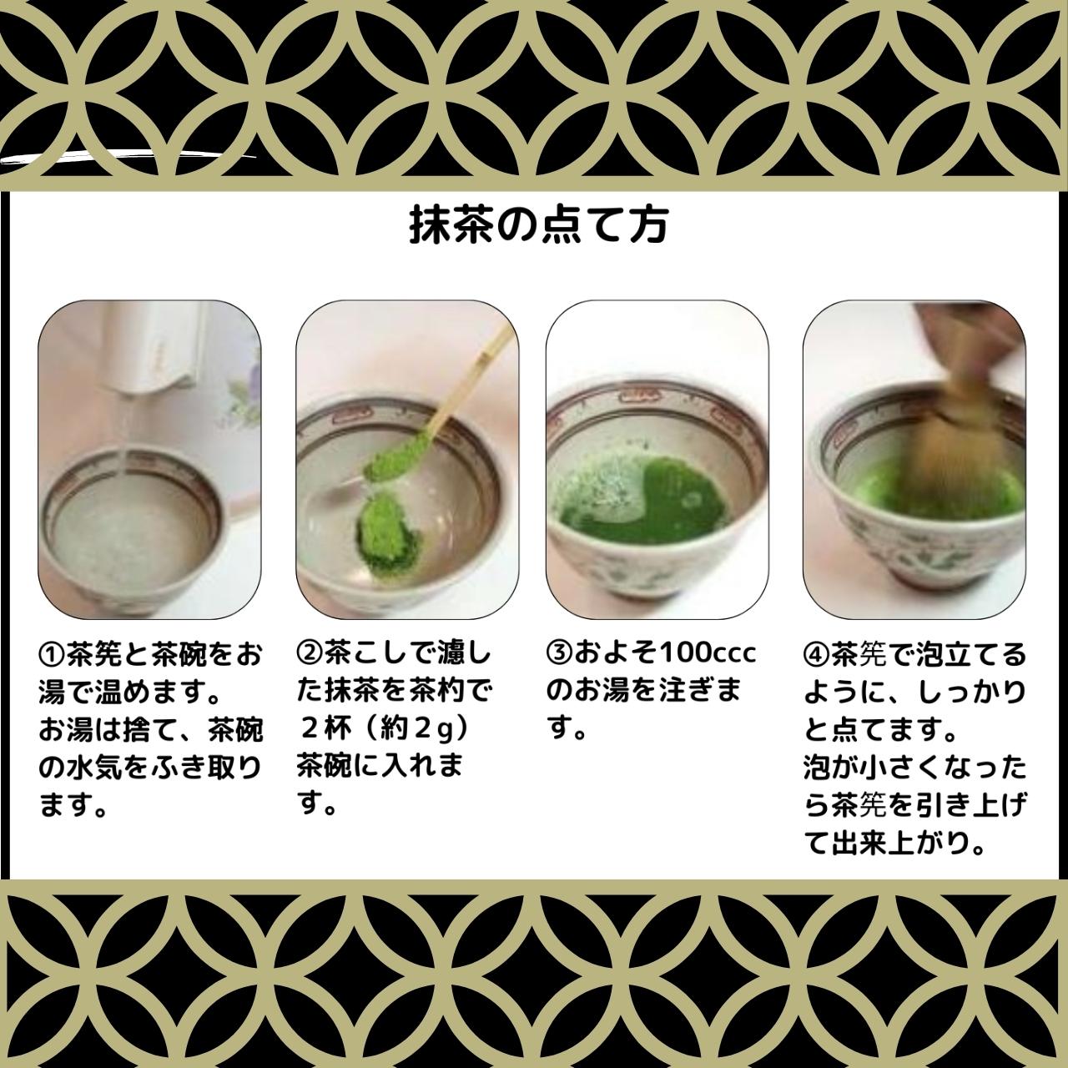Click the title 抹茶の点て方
coord(538,225)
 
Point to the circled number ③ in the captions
coord(559,652)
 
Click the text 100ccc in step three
coord(708,652)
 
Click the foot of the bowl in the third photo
coord(659,597)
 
